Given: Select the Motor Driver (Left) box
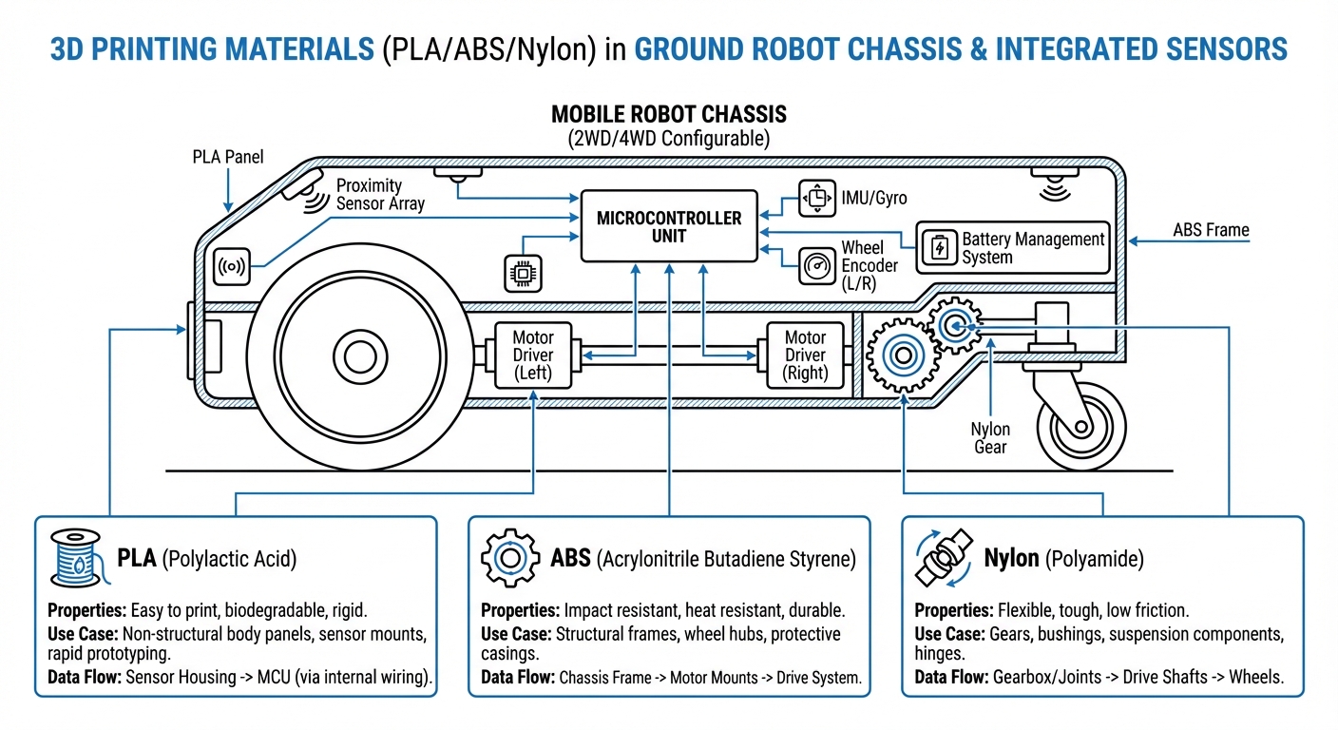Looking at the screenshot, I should [x=533, y=355].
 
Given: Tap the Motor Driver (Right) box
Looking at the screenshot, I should [x=805, y=355].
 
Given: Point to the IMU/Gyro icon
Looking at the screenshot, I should [x=816, y=198].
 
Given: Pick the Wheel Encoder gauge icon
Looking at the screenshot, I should [x=816, y=265].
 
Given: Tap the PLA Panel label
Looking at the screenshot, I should [x=228, y=157].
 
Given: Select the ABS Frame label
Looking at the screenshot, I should [x=1211, y=229].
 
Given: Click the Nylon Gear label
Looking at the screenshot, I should [x=990, y=437].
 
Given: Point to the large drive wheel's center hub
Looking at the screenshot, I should [x=361, y=357].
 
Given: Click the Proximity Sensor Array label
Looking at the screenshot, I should [x=380, y=194].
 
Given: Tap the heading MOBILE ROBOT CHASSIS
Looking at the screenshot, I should [x=669, y=115].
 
